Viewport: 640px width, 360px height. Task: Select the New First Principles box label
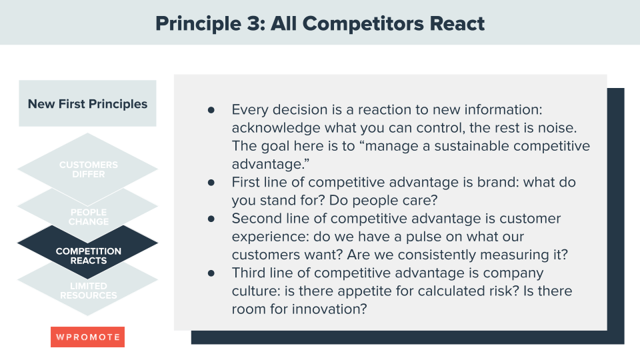pyautogui.click(x=87, y=104)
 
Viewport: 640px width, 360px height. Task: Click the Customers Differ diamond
pyautogui.click(x=88, y=169)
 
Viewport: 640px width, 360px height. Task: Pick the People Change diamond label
pyautogui.click(x=88, y=217)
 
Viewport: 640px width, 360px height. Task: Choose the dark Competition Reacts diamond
pyautogui.click(x=88, y=255)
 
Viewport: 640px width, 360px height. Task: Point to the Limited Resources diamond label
pyautogui.click(x=88, y=291)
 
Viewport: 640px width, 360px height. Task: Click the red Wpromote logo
pyautogui.click(x=87, y=337)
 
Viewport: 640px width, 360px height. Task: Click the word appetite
pyautogui.click(x=353, y=291)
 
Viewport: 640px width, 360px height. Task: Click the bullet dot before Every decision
pyautogui.click(x=211, y=109)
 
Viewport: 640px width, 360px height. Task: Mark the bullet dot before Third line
pyautogui.click(x=211, y=273)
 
